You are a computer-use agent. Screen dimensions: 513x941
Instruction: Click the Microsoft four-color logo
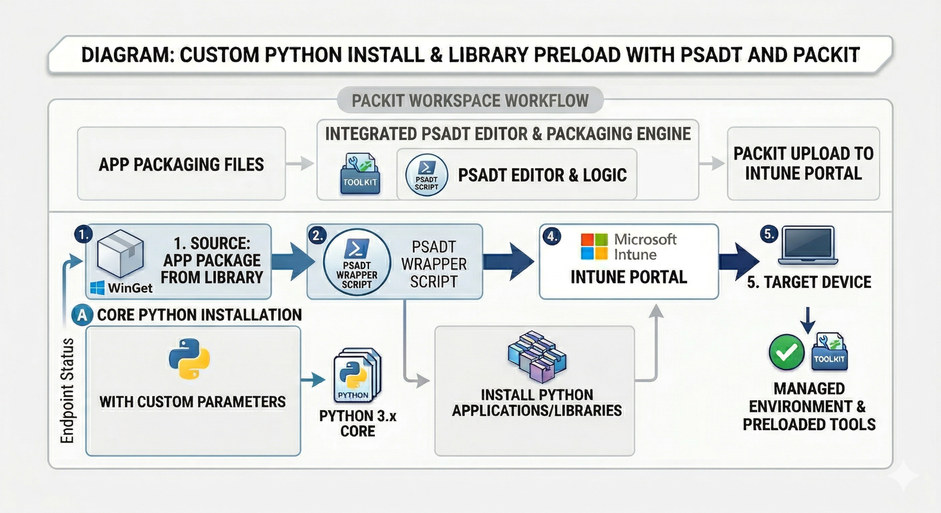(x=594, y=247)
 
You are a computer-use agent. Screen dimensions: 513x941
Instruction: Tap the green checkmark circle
(x=786, y=352)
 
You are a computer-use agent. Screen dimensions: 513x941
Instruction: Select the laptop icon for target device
(x=808, y=246)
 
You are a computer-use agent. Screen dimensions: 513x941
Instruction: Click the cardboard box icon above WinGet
(x=120, y=254)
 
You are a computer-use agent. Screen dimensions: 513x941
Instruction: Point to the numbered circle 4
(x=551, y=237)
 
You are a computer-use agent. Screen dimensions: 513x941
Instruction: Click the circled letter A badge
(x=82, y=315)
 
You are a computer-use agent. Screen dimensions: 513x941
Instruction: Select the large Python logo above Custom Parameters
(x=189, y=359)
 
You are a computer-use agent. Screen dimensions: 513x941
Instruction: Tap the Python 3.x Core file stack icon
(x=357, y=375)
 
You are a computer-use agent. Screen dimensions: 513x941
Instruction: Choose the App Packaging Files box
(x=181, y=164)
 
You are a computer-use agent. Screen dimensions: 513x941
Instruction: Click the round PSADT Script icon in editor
(x=426, y=175)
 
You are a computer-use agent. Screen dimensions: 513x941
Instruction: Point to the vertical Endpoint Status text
(x=68, y=390)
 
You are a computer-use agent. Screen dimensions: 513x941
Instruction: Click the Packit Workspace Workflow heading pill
(x=470, y=100)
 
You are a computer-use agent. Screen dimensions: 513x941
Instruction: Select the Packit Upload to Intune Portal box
(x=803, y=163)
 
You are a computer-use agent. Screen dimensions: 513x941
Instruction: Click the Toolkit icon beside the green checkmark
(x=830, y=352)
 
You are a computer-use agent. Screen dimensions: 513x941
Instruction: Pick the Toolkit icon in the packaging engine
(x=360, y=174)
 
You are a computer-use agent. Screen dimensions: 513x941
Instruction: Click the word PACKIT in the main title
(x=826, y=55)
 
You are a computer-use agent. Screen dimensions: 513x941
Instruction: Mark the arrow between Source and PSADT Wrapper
(x=293, y=261)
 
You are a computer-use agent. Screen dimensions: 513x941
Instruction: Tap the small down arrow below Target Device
(x=807, y=320)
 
